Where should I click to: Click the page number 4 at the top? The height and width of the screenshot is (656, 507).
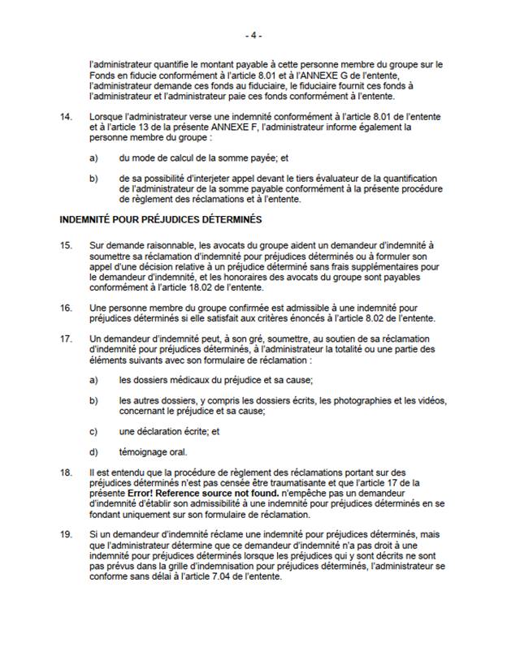coord(253,36)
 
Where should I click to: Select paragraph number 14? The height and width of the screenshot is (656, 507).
coord(66,119)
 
